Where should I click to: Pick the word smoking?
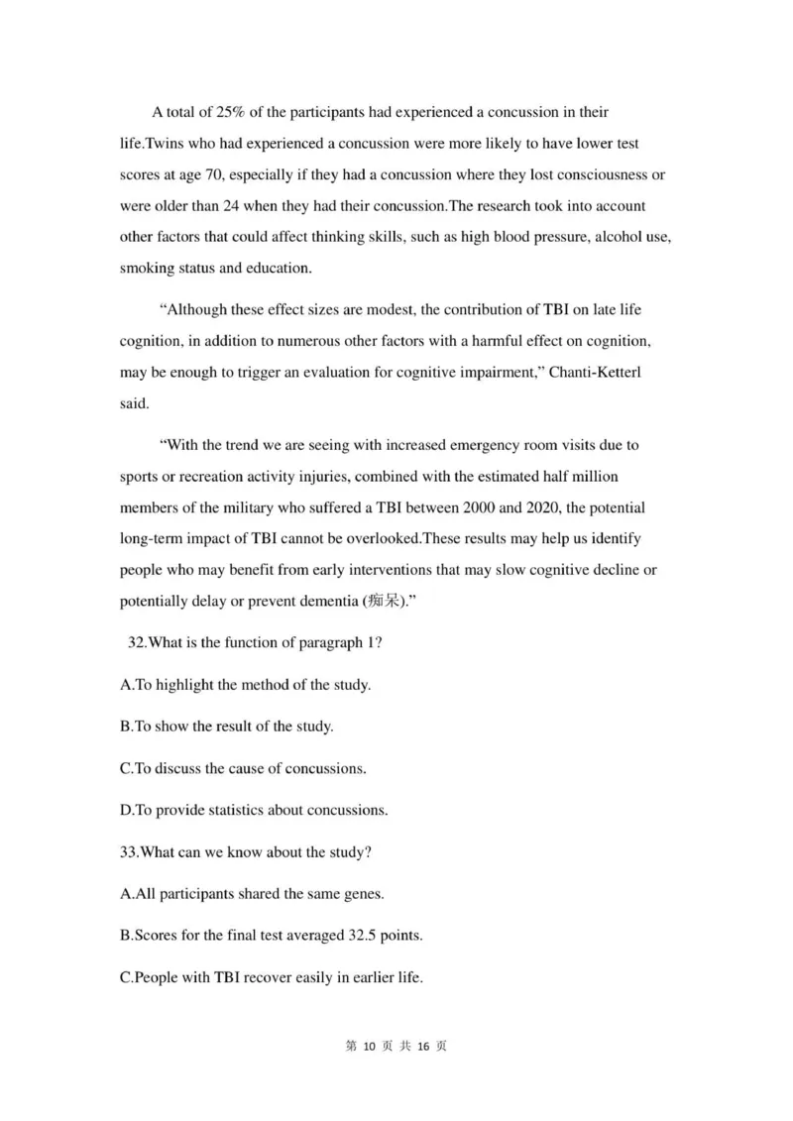[x=148, y=268]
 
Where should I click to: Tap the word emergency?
[x=467, y=445]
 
